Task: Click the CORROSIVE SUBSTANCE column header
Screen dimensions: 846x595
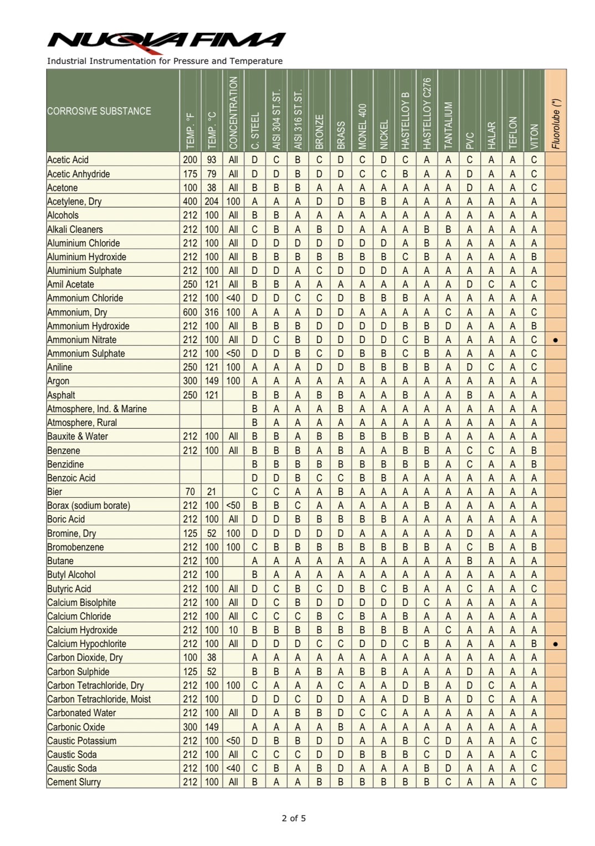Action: click(99, 111)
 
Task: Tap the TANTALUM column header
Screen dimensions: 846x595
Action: click(448, 125)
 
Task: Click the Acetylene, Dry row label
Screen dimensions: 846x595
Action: click(74, 202)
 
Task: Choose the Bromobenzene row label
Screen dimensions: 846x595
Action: click(75, 547)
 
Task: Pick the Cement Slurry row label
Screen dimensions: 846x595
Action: click(74, 782)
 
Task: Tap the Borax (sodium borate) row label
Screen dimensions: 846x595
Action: click(89, 506)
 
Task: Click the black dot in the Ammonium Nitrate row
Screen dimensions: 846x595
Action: click(556, 340)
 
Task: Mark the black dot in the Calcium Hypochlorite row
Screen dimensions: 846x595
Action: click(556, 644)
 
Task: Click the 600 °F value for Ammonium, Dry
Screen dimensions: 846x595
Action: click(190, 312)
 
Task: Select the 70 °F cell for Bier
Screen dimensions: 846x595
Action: click(190, 492)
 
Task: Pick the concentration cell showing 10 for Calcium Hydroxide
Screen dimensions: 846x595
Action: click(233, 630)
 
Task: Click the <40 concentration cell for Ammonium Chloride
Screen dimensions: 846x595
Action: click(233, 298)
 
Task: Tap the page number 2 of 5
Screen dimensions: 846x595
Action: click(294, 818)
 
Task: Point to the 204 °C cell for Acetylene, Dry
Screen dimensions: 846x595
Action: click(212, 202)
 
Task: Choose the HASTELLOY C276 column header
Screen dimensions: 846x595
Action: click(427, 113)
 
